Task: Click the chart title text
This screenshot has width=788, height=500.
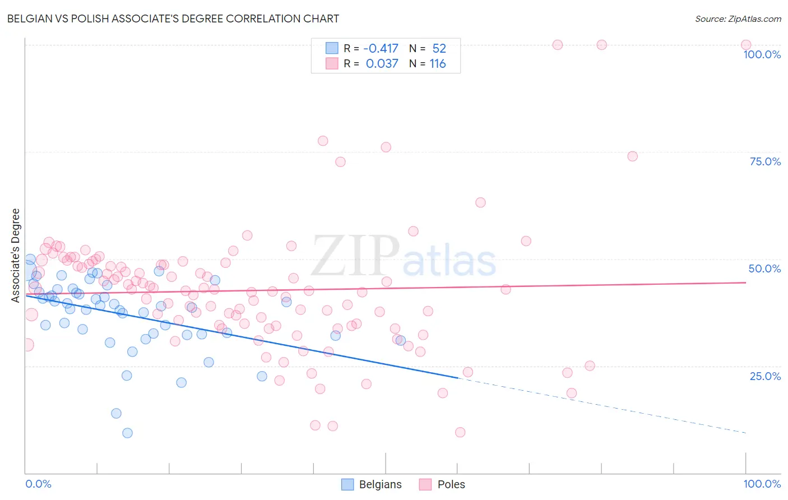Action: [173, 18]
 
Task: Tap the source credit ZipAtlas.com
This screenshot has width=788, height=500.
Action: [738, 18]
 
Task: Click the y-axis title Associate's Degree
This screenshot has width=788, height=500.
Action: [16, 256]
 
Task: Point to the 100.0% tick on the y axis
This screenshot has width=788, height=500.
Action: [762, 54]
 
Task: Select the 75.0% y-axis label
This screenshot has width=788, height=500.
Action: [765, 161]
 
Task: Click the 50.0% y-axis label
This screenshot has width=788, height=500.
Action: [764, 268]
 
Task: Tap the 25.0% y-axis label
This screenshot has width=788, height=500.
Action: [765, 376]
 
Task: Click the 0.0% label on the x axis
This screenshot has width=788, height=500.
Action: [38, 484]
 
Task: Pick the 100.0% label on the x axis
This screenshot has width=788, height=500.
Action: [762, 484]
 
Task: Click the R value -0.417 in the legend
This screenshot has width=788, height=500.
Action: [381, 48]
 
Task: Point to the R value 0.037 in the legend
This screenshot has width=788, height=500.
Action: [382, 64]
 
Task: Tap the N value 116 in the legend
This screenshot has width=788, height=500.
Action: [438, 64]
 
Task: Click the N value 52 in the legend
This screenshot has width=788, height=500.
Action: [439, 48]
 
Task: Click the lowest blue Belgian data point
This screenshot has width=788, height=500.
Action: [127, 433]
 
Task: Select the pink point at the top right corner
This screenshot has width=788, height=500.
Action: [745, 45]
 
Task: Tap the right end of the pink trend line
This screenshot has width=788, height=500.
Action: [745, 283]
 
